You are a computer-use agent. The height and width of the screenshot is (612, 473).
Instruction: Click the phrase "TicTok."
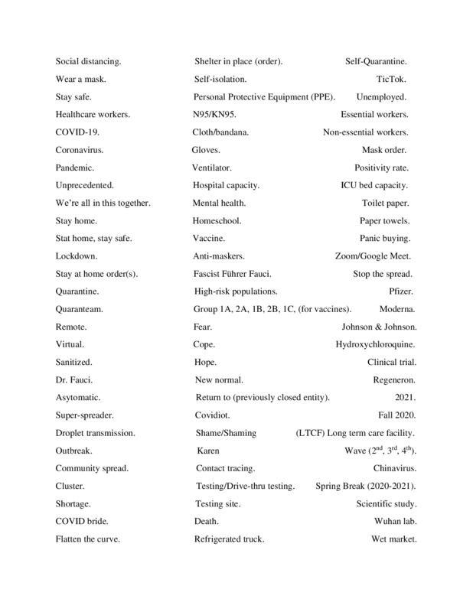click(391, 79)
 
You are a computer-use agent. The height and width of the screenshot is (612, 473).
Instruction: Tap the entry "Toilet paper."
click(385, 203)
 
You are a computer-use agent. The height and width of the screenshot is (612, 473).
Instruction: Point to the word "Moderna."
click(397, 309)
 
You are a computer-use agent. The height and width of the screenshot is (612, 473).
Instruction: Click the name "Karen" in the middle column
click(208, 451)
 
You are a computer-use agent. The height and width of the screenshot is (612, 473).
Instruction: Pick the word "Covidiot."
click(216, 415)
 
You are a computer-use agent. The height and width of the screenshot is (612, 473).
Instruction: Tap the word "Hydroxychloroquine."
click(376, 344)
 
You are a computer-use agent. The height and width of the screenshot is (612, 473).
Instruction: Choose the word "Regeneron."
click(392, 380)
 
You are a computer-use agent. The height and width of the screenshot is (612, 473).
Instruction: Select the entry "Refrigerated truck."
click(230, 539)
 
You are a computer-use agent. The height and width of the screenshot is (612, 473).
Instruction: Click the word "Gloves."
click(206, 150)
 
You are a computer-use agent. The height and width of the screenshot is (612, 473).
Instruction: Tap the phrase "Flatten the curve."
click(88, 539)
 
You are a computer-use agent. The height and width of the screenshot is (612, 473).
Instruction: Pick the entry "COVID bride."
click(82, 522)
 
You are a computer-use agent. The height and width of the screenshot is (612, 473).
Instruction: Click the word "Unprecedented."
click(84, 185)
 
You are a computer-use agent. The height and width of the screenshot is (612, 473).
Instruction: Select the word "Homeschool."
click(217, 221)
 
